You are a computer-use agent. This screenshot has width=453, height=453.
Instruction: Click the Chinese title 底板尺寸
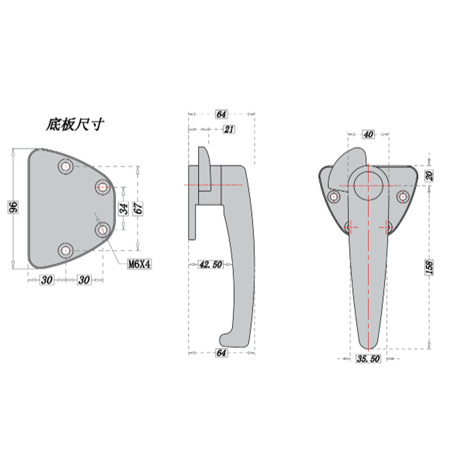(x=75, y=125)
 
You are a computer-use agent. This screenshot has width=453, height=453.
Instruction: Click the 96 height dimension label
(x=13, y=207)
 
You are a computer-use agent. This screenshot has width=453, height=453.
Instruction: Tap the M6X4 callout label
(x=139, y=264)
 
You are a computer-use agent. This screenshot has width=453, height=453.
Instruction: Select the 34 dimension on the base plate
(x=124, y=208)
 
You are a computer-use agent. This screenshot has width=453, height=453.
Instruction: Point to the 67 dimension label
(x=138, y=208)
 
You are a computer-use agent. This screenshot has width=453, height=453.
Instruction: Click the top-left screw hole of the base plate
(x=66, y=166)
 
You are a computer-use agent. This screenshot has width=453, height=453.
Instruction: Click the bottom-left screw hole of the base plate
(x=66, y=250)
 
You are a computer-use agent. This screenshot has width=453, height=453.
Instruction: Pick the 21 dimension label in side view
(x=229, y=129)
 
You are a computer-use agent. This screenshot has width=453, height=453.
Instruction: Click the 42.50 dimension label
(x=211, y=264)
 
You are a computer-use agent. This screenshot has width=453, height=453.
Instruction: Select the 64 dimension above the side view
(x=221, y=114)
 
